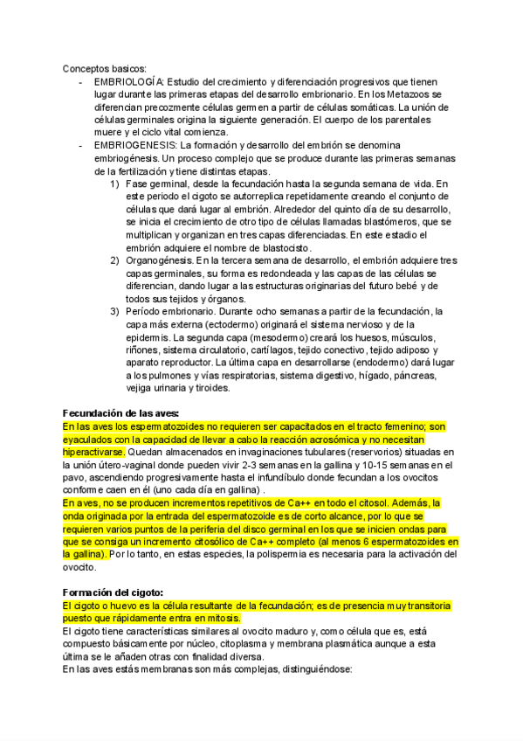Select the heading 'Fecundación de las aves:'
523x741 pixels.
click(121, 412)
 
